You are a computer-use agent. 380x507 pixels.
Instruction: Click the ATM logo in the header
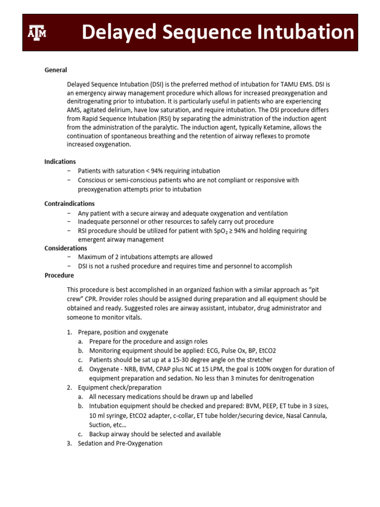(36, 33)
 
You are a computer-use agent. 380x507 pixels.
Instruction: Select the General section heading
(55, 70)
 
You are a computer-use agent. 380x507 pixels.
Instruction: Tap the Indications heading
(60, 161)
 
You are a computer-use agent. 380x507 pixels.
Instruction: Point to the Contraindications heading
(69, 203)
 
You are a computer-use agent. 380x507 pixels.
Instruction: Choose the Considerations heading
(66, 248)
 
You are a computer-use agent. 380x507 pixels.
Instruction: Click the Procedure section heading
(59, 275)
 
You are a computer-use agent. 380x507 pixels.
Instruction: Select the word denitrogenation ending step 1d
(291, 378)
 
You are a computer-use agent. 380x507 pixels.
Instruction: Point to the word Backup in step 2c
(99, 434)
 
